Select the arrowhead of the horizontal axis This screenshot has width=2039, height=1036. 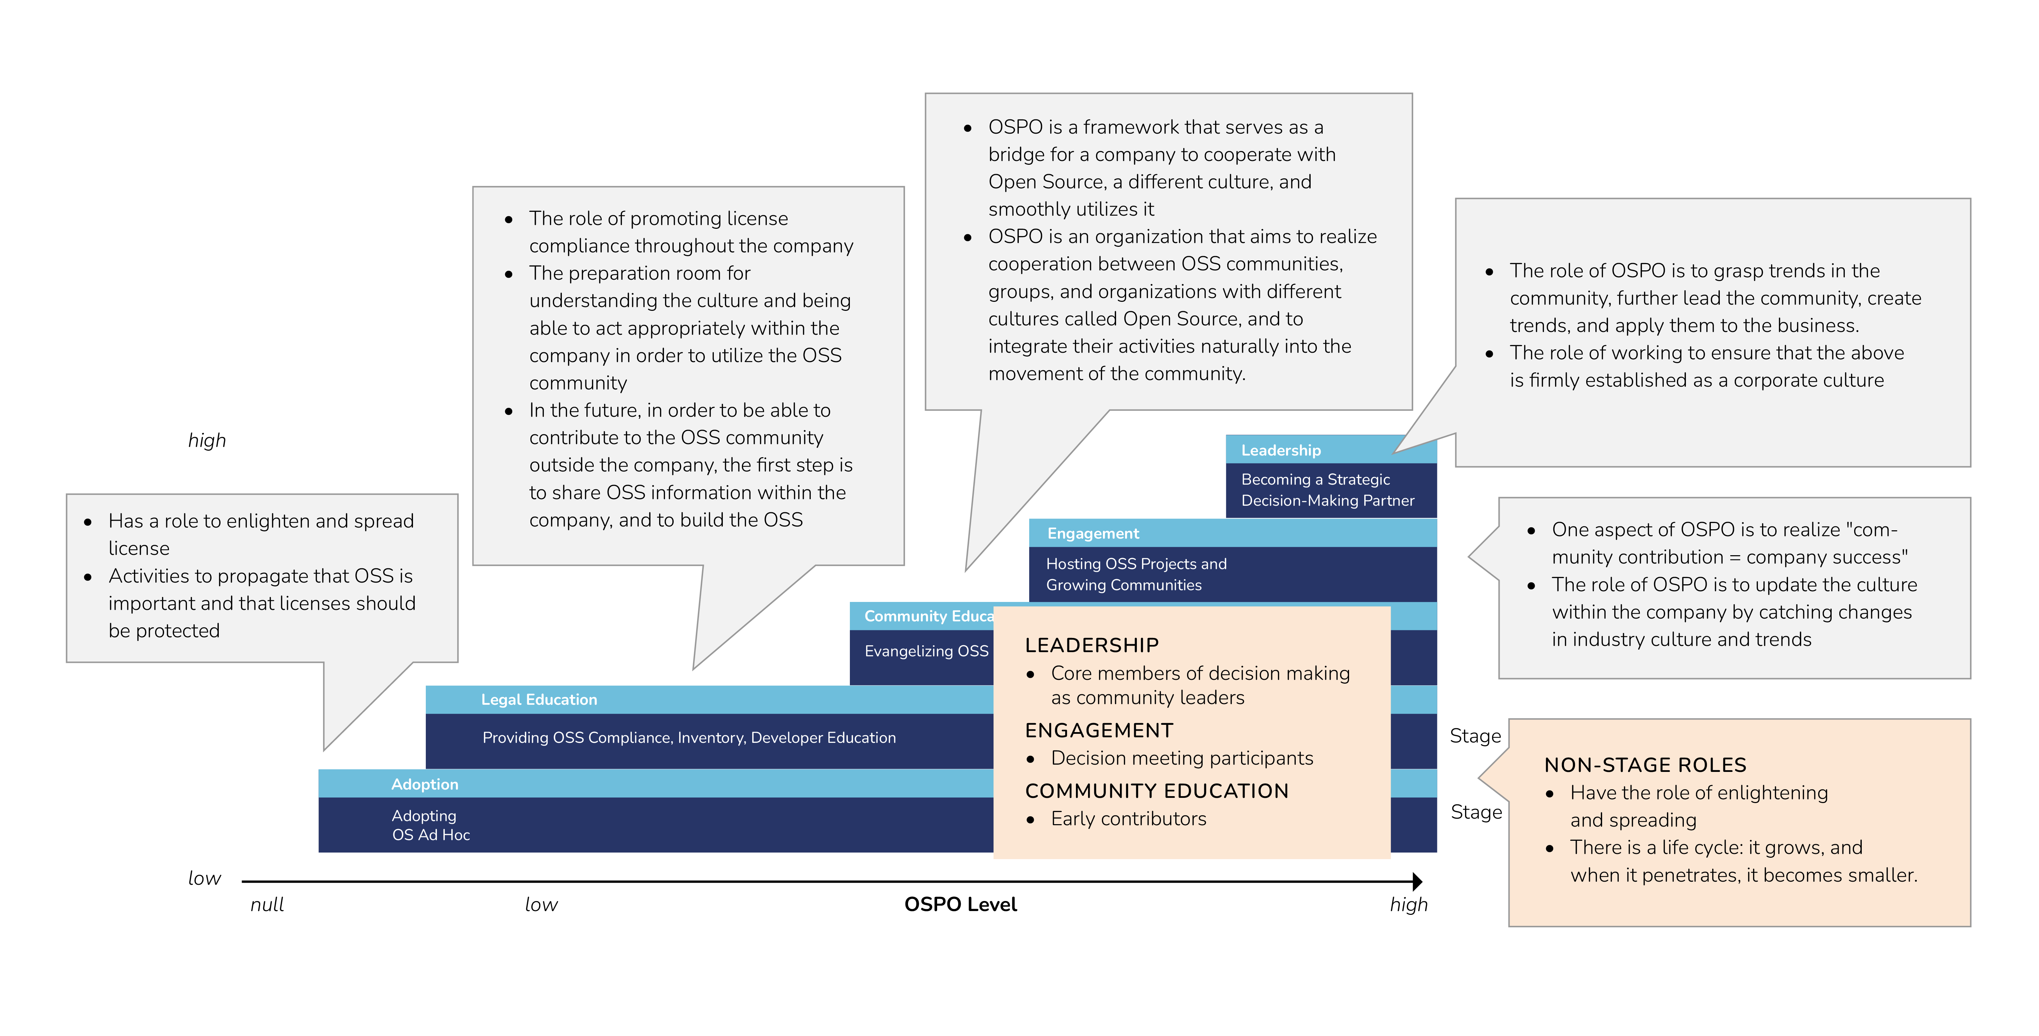pos(1417,881)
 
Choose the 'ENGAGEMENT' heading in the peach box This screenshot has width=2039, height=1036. pos(1099,730)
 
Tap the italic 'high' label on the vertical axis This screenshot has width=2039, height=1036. pos(207,440)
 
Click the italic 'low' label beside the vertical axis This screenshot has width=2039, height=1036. pos(204,878)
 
